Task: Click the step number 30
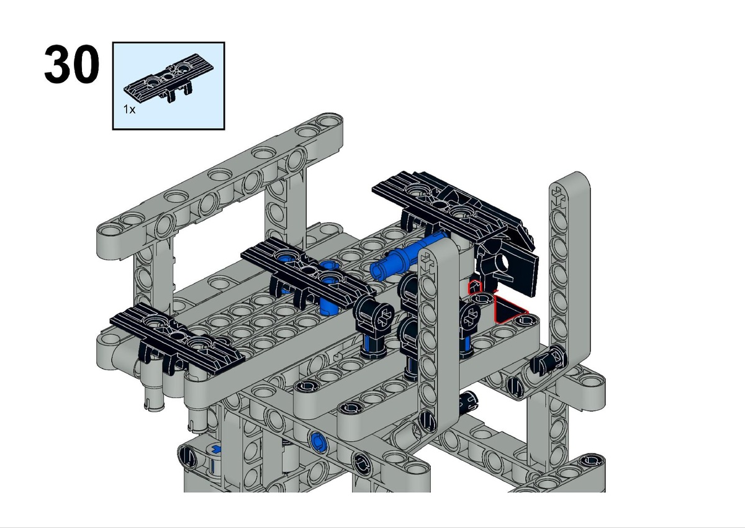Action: (x=71, y=64)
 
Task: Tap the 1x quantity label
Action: (x=129, y=109)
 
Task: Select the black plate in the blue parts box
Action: (x=169, y=78)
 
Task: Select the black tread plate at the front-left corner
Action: (x=176, y=339)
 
